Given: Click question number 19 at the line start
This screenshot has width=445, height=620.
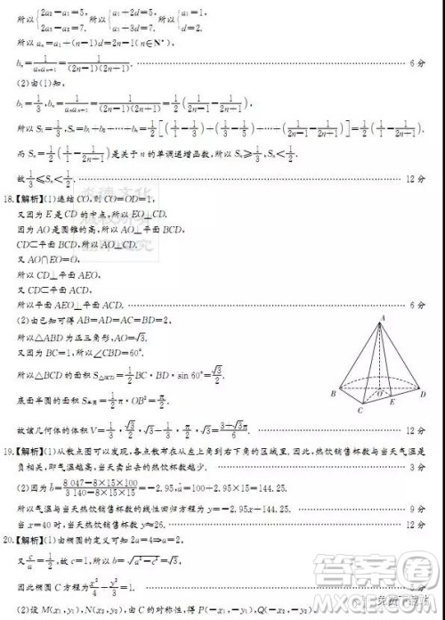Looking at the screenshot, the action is click(x=10, y=440).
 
